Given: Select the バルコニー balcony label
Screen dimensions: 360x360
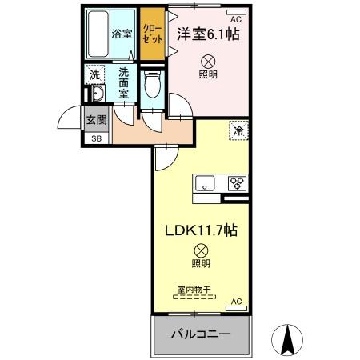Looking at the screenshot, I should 200,333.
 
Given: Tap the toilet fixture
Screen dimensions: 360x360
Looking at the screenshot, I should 151,85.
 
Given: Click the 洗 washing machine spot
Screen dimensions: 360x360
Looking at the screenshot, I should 94,73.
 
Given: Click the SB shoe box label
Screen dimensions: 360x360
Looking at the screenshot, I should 96,138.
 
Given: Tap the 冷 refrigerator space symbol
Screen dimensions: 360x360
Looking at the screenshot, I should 238,129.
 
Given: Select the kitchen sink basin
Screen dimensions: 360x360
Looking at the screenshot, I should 205,183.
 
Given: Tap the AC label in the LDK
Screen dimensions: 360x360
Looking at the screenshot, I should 235,302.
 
